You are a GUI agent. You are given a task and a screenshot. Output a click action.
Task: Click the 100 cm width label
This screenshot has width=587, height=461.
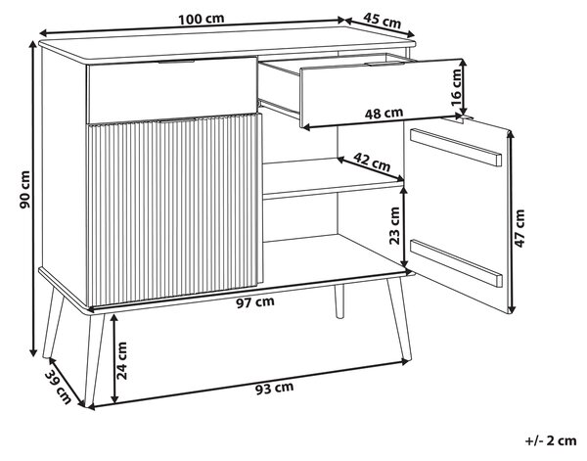[201, 19]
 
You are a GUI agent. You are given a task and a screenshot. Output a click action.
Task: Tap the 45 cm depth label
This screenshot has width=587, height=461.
[382, 21]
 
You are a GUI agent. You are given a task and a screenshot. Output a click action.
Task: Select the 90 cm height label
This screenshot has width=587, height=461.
[25, 190]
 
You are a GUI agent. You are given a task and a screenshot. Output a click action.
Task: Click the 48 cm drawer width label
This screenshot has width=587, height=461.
[384, 113]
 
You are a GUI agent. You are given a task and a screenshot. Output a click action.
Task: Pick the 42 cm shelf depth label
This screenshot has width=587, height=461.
[372, 161]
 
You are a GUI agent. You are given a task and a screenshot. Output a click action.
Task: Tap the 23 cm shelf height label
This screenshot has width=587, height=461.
[394, 225]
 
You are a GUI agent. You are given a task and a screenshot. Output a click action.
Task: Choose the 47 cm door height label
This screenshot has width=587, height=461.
[519, 228]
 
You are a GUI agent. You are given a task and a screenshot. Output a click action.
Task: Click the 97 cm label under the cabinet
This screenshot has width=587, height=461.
[255, 301]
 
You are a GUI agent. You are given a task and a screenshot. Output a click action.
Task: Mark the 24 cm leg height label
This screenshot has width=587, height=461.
[122, 360]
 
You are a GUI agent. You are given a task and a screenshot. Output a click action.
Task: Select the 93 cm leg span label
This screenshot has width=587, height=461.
[274, 389]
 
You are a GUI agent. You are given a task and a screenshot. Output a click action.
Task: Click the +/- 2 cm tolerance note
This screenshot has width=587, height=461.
[551, 440]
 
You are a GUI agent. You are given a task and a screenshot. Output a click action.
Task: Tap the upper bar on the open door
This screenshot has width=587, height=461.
[456, 147]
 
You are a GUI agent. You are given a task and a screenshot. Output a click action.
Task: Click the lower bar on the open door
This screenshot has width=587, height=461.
[456, 263]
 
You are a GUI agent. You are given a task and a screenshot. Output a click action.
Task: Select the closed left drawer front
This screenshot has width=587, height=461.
[172, 90]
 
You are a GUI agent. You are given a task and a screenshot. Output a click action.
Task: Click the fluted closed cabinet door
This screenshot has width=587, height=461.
[174, 209]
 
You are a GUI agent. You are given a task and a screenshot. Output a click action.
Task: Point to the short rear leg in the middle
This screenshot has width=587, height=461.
[339, 301]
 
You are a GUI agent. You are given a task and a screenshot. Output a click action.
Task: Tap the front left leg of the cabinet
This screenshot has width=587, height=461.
[94, 359]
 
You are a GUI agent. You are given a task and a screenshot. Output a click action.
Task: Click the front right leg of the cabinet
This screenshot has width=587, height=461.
[399, 318]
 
